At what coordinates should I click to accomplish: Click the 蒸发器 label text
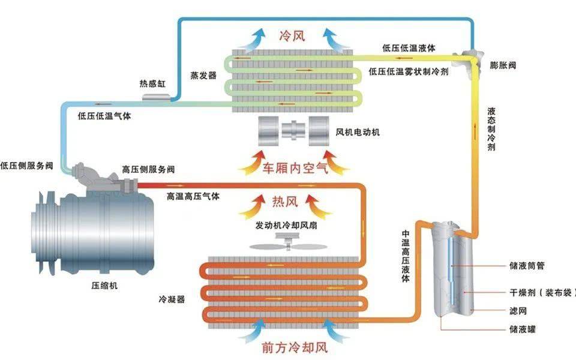point(203,76)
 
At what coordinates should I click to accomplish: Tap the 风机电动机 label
point(357,131)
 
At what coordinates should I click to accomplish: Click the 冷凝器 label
point(171,298)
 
